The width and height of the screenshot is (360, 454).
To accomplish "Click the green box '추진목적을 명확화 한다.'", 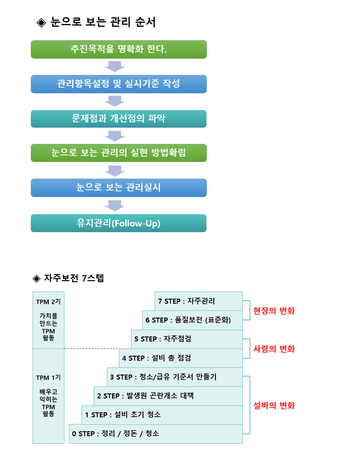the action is coord(119,49).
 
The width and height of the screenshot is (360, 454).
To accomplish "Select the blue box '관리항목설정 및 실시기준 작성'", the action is coord(119,84).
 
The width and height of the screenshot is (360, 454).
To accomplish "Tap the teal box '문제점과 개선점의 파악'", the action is coord(119,119).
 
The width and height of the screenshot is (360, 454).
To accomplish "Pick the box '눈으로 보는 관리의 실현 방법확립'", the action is coord(119,153).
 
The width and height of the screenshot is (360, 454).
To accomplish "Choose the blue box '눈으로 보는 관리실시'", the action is coord(119,188).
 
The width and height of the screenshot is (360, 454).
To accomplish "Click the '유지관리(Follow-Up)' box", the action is coord(119,223).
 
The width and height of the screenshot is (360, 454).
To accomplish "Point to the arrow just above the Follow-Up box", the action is coord(115,206).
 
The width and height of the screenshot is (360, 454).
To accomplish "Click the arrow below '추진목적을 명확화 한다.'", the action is coord(115,67).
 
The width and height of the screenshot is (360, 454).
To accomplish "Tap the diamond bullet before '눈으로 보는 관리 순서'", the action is coord(41,23).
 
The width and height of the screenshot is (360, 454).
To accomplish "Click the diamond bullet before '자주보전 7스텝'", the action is coord(37,279).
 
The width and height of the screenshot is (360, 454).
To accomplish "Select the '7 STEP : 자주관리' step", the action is coord(199,301).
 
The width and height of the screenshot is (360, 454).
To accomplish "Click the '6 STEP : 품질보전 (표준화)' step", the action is coord(192,320).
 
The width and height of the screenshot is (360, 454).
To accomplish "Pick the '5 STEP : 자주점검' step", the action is coord(187,339).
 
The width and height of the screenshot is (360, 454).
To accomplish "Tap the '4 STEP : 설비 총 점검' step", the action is coord(181,358).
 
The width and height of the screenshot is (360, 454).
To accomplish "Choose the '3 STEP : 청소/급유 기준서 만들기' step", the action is coord(175,377).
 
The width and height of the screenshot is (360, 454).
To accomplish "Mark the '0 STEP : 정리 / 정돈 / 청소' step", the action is coord(156,434).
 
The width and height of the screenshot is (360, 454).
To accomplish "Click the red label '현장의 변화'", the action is coord(274,311).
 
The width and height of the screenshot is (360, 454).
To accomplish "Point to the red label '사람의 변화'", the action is coord(274,349).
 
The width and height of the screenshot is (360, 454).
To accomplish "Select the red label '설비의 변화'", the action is coord(274,405).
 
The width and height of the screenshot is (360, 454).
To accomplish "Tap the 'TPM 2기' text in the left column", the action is coord(48,302).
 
